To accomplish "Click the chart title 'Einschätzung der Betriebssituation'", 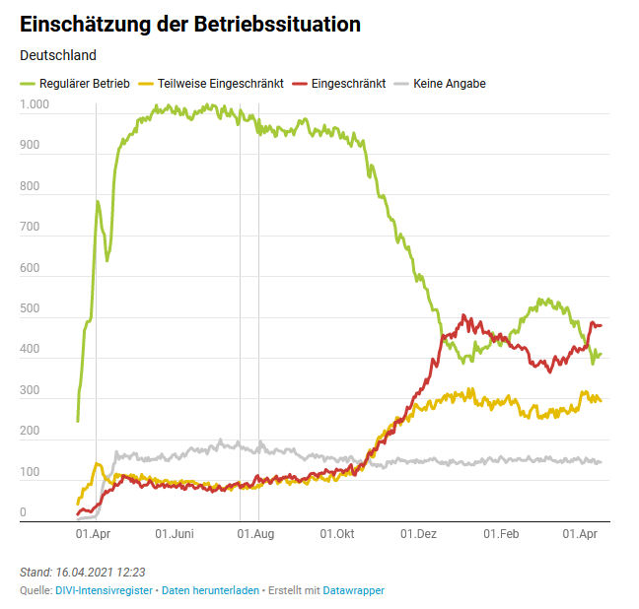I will coord(189,24).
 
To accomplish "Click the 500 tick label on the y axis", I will coord(30,308).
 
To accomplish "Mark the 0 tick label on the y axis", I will coord(24,512).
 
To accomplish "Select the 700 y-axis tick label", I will coord(30,227).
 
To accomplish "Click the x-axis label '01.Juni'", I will coord(175,535).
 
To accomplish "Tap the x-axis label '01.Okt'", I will coord(337,535).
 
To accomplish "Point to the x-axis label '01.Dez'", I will coord(418,535).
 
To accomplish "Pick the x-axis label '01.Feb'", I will coord(500,535).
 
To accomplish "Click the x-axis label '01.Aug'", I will coord(255,535).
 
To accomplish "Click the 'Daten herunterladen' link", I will coord(210,590).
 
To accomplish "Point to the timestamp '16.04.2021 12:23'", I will coord(105,573).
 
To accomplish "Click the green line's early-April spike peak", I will coord(98,202).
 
